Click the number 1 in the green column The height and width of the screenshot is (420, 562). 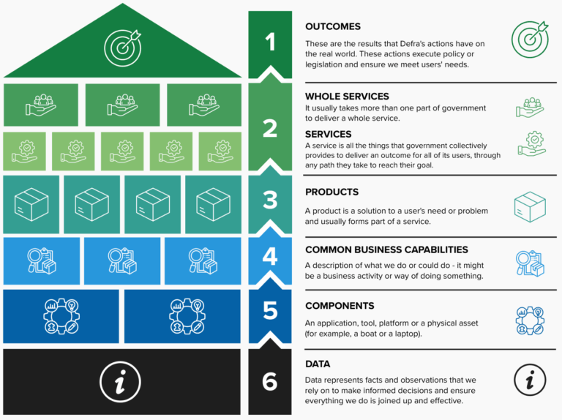(270, 42)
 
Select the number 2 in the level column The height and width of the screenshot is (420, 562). (270, 128)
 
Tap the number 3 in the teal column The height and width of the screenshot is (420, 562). (270, 198)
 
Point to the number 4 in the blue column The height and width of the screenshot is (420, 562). (270, 256)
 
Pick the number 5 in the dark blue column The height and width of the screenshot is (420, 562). (270, 310)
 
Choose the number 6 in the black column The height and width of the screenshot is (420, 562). (270, 381)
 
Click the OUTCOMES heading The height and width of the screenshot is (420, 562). (333, 27)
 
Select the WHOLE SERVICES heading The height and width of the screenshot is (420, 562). (347, 97)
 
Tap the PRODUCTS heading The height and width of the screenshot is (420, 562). (331, 192)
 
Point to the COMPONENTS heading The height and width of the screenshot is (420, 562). (340, 306)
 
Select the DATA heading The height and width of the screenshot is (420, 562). (318, 364)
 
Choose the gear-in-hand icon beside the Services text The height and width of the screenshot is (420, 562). (530, 143)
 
